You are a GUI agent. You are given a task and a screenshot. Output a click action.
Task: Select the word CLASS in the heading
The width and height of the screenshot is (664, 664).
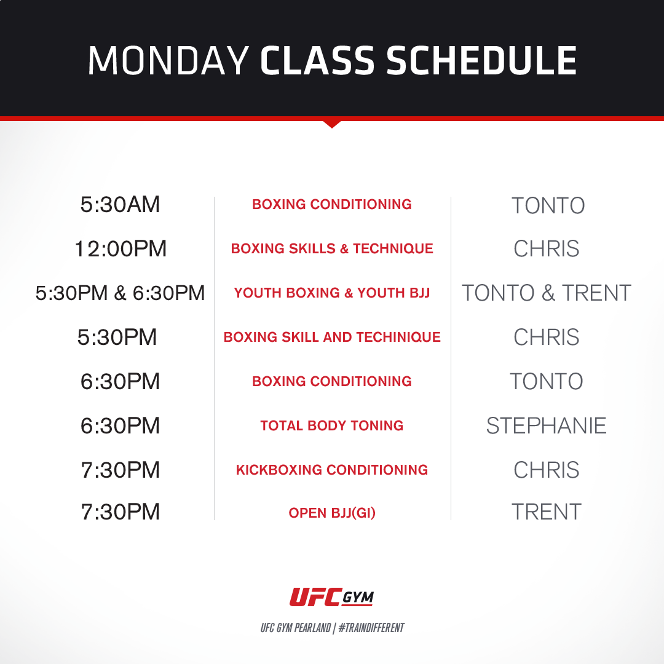[316, 60]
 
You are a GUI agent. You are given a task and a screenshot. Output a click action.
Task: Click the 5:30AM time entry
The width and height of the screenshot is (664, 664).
[120, 205]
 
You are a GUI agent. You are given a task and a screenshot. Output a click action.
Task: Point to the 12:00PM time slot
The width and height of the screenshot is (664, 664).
[120, 249]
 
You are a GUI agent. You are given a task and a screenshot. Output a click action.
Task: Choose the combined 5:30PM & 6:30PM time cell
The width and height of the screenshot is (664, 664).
[120, 293]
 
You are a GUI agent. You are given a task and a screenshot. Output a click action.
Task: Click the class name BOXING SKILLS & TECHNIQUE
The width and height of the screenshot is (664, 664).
[332, 249]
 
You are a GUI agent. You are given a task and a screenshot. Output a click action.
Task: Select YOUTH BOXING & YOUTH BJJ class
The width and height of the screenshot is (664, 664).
[332, 293]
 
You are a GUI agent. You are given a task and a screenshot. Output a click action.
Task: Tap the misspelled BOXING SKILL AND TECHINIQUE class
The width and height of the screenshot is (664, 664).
[332, 338]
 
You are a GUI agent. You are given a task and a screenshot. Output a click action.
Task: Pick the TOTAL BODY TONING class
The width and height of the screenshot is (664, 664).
[332, 425]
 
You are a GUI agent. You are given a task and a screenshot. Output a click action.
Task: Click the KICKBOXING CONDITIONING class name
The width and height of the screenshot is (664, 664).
[332, 470]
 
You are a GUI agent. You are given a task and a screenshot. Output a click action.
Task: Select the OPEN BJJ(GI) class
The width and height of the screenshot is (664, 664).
[332, 513]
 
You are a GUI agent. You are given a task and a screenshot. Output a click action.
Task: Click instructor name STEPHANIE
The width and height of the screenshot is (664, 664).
[546, 425]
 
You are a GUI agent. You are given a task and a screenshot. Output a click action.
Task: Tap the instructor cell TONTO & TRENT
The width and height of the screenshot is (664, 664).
[546, 293]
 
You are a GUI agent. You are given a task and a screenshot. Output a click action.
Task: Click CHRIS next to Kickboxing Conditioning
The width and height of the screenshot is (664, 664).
[546, 470]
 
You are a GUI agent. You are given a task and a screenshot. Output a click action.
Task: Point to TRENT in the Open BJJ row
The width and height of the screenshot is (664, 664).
[546, 512]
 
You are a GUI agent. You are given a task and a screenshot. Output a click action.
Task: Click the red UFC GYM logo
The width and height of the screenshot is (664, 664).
[332, 597]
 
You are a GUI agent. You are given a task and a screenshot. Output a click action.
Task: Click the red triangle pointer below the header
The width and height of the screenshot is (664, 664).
[332, 124]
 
